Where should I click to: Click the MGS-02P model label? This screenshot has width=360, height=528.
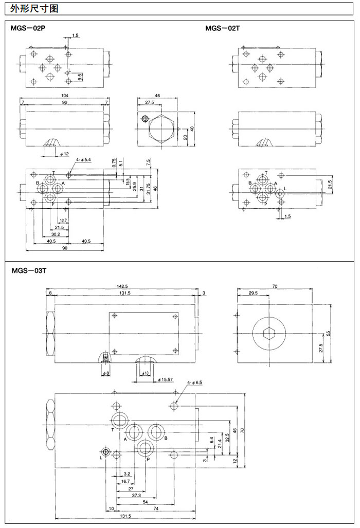(x=29, y=28)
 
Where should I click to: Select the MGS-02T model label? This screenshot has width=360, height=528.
(x=223, y=28)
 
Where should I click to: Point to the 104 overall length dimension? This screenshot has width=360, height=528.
(x=64, y=96)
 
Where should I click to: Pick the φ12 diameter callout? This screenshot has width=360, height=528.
(x=64, y=154)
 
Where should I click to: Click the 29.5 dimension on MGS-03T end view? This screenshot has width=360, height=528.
(x=253, y=293)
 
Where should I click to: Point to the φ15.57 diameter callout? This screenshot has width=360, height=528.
(x=166, y=379)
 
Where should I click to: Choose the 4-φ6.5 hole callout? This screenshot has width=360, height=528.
(x=195, y=383)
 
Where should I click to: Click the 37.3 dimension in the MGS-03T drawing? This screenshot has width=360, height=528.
(x=136, y=495)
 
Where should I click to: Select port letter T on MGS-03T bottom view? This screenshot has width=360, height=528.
(x=113, y=429)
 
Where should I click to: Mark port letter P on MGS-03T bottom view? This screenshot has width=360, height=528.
(x=148, y=459)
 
